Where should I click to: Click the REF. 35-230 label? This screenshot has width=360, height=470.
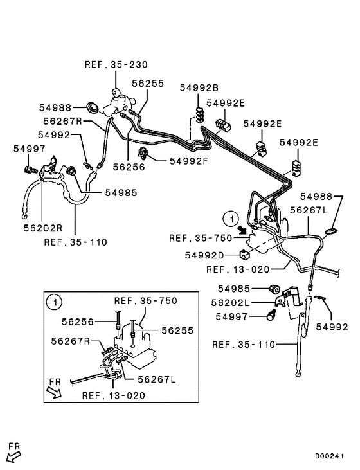coord(116,64)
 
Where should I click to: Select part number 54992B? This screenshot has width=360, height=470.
coord(199,87)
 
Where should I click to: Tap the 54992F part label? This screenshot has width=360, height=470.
coord(188,161)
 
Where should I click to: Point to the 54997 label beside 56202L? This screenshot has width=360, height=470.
coord(231,316)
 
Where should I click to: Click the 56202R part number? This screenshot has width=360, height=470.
coord(43,228)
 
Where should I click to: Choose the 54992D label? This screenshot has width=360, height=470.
coord(204,255)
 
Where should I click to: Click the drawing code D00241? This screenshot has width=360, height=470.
coord(329,456)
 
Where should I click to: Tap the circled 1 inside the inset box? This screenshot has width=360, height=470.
coord(55,302)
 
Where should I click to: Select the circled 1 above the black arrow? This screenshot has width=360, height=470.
coord(231,219)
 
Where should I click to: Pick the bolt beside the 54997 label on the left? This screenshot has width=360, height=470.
coord(30,170)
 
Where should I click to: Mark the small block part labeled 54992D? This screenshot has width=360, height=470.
coord(244,255)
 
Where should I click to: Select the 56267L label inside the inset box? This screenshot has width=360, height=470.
coord(157,379)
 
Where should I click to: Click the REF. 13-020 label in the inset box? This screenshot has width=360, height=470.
coord(114,395)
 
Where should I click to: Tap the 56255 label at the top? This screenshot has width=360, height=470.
coord(148,84)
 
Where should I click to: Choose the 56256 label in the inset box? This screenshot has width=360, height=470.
coord(78,322)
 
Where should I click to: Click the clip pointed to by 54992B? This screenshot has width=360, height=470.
coord(200,115)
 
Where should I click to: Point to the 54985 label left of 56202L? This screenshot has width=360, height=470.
coord(234,288)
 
